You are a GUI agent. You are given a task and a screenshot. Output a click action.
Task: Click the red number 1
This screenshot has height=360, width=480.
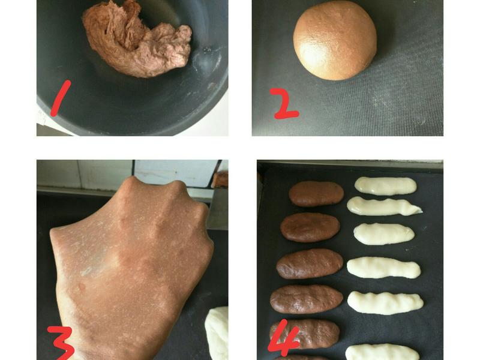(61, 98)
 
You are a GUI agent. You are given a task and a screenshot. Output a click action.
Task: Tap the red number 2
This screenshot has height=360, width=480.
(284, 104)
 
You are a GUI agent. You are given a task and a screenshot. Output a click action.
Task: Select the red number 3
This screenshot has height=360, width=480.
(61, 343)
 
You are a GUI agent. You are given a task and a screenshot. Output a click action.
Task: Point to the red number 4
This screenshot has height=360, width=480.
(283, 338)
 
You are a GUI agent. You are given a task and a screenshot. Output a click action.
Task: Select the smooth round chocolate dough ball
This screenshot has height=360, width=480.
(335, 40)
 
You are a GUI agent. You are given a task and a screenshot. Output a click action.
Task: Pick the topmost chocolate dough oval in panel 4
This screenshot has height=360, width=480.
(316, 193)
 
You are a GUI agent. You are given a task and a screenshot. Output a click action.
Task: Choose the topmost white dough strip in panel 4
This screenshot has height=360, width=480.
(385, 186)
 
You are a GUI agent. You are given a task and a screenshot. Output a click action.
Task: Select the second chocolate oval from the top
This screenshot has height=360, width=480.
(310, 227)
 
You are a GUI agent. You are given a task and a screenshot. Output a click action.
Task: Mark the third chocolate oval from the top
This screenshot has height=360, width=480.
(310, 264)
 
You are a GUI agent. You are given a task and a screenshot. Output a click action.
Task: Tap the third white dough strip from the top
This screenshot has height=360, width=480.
(384, 234)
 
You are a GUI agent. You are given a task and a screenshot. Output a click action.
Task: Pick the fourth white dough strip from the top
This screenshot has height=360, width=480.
(383, 268)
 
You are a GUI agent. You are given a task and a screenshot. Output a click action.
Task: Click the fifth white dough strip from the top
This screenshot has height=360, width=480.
(385, 303)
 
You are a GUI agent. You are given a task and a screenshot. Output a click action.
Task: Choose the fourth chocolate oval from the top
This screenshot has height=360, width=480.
(306, 299)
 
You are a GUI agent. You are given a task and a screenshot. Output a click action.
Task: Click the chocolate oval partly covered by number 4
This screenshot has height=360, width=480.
(305, 334)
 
